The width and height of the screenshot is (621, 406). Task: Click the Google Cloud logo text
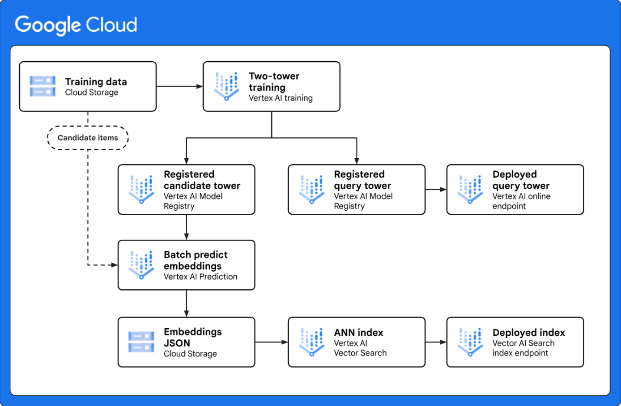76,25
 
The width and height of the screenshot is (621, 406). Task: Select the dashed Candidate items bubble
88,138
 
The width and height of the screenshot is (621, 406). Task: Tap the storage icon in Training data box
43,86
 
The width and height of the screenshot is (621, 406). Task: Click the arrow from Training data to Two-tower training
179,86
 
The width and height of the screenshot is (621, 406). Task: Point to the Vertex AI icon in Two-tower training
226,86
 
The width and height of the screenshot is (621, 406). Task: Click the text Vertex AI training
281,98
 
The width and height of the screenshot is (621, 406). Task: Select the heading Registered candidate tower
202,180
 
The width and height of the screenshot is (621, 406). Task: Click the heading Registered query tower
362,180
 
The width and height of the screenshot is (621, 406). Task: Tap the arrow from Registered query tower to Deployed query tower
436,190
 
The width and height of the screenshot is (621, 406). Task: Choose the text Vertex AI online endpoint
521,201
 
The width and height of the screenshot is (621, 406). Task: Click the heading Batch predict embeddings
196,260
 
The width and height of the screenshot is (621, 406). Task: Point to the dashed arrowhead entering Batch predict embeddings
114,265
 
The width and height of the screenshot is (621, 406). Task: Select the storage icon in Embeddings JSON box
141,342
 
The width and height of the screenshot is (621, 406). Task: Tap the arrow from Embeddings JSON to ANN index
271,342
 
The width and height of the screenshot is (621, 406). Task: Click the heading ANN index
358,333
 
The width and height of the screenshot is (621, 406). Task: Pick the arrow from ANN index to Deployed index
436,342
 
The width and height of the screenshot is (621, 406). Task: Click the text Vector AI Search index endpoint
523,348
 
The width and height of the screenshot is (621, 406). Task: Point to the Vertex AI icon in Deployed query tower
470,190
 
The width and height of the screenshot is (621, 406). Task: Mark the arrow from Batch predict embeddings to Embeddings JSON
187,304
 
